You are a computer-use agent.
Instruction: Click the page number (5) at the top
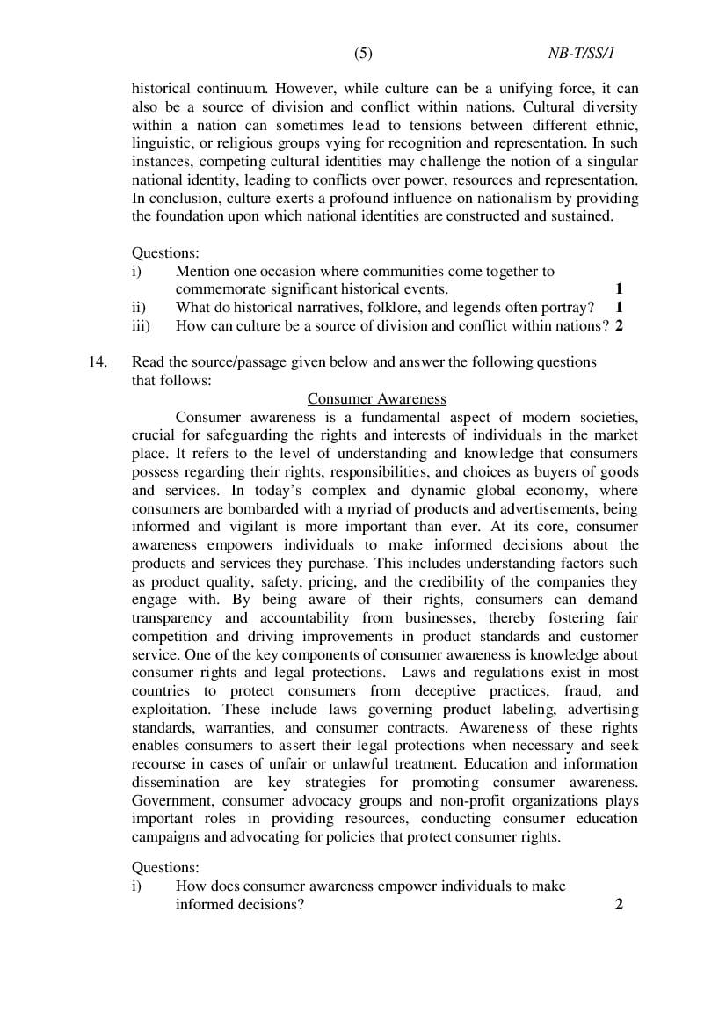[363, 54]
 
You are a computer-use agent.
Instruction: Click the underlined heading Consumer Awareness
[376, 398]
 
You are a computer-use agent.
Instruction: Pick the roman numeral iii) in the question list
[142, 325]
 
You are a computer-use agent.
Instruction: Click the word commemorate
[221, 289]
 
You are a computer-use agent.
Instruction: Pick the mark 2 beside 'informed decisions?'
[620, 904]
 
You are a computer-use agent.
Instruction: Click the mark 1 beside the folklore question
[620, 308]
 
